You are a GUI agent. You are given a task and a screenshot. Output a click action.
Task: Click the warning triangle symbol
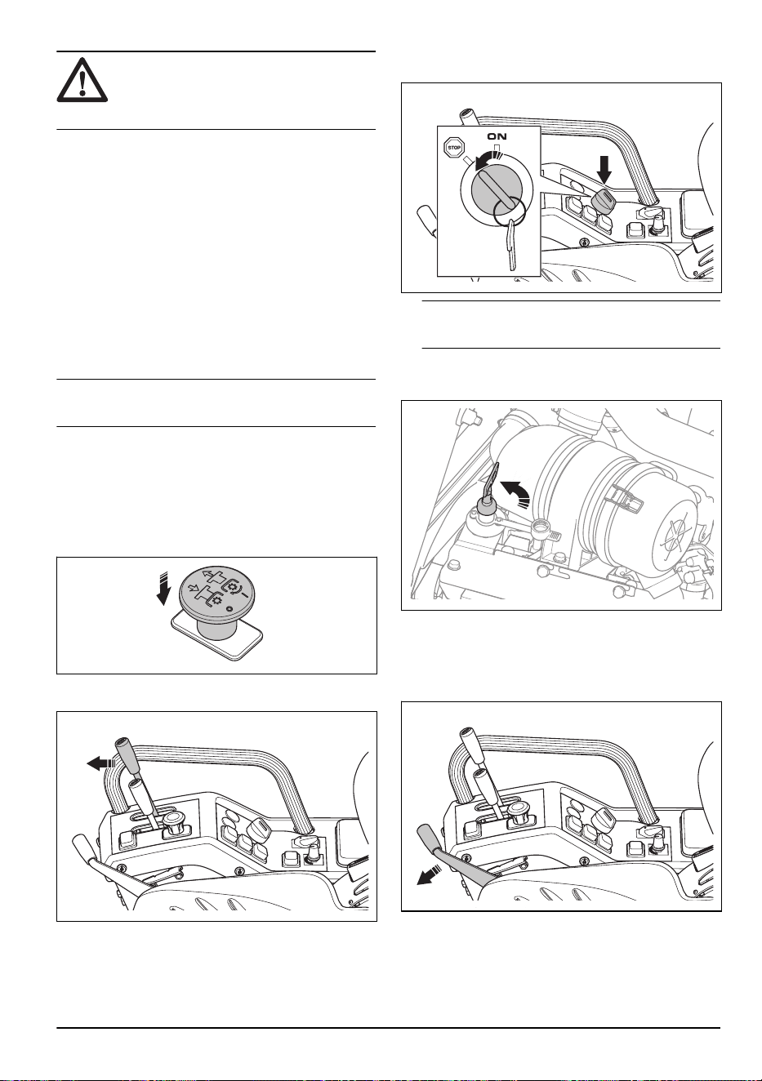coord(82,80)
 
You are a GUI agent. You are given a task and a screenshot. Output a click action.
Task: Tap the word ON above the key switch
coord(497,136)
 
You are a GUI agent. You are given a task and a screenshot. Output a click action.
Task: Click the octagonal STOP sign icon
coord(453,148)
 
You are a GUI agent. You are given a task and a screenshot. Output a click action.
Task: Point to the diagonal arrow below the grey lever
coord(429,875)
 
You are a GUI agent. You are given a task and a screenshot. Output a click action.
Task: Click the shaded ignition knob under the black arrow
coord(603,199)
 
